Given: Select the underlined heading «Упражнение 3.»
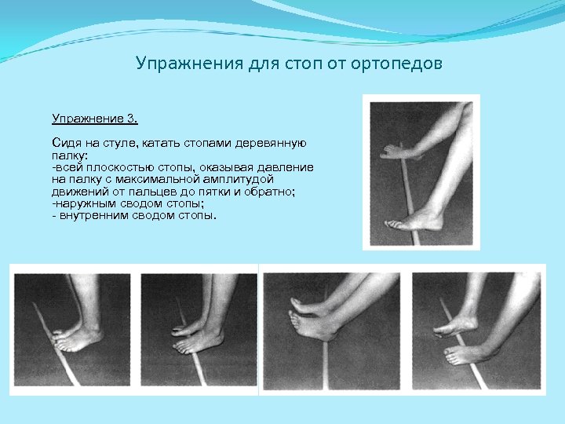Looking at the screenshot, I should [x=95, y=119].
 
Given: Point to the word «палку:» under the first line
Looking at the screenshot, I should [x=70, y=155].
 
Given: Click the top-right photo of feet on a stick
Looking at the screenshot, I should [x=421, y=171].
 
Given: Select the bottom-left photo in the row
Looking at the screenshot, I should [x=72, y=330].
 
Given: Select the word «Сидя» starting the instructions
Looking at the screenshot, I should [x=66, y=144].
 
